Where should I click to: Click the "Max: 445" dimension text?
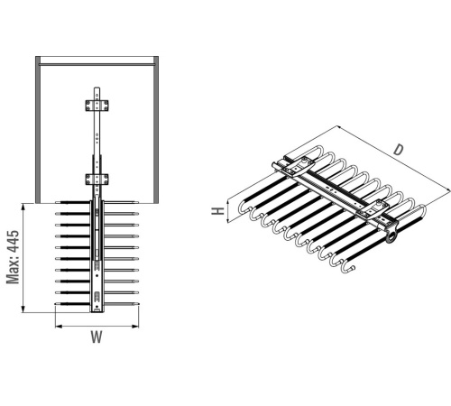(x=13, y=257)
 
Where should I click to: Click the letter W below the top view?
(x=97, y=337)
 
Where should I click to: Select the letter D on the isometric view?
(x=398, y=150)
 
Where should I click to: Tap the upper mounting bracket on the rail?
(x=97, y=106)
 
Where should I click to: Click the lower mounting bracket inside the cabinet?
(x=97, y=180)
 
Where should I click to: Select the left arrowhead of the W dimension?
(x=59, y=326)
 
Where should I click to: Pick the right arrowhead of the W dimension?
(x=135, y=326)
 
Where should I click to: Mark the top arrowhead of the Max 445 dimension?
(x=23, y=207)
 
